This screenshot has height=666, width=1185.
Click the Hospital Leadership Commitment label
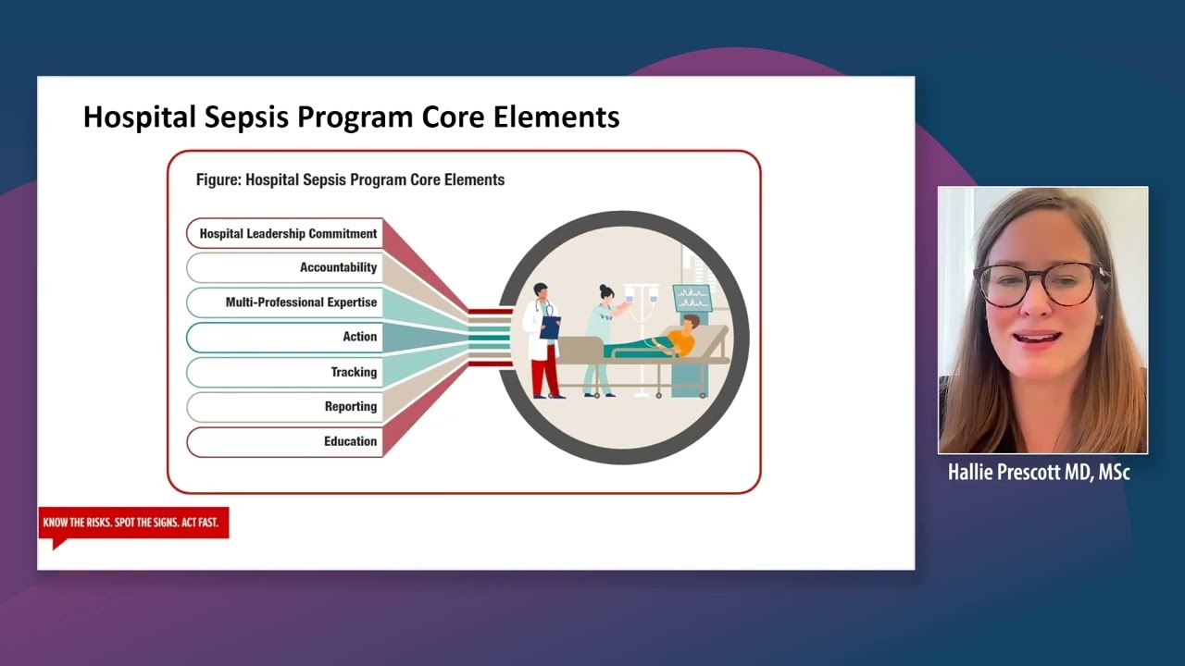point(288,234)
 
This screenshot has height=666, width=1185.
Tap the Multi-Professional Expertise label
point(301,302)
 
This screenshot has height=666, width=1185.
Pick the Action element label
point(359,337)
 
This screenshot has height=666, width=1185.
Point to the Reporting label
point(350,407)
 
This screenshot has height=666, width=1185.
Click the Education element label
point(350,441)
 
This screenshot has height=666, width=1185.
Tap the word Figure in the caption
point(217,179)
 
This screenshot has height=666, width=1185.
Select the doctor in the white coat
point(542,338)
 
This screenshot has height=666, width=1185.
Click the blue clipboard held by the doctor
point(550,327)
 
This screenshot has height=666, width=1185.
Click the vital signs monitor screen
point(692,298)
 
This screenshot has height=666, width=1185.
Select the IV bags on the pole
point(641,296)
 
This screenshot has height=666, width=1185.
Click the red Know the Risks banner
point(132,523)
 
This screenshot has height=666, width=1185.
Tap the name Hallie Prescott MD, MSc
point(1039,473)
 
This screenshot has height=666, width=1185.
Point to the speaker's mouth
point(1037,338)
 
